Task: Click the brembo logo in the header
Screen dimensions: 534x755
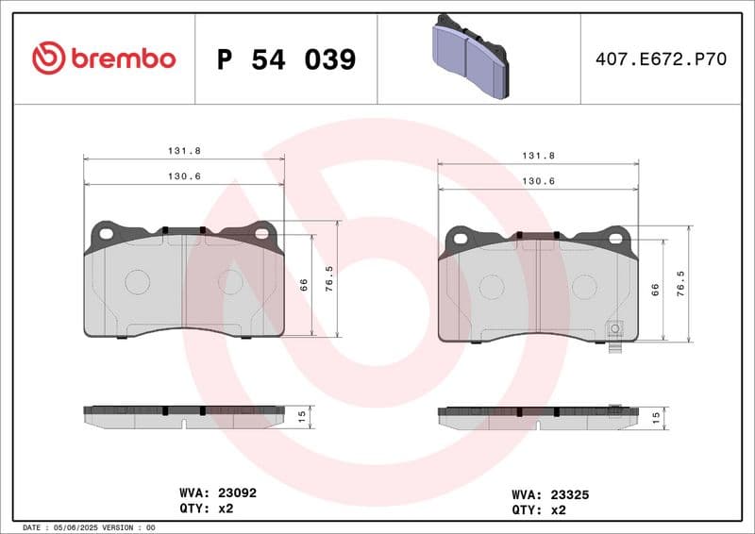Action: click(104, 58)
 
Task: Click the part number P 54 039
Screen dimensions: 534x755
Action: click(286, 59)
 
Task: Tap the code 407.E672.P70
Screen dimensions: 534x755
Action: click(661, 59)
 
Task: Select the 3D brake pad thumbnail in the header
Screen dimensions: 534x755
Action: click(469, 56)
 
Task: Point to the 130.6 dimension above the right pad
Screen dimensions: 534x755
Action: click(538, 181)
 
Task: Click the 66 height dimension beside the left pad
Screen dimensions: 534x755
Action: click(304, 284)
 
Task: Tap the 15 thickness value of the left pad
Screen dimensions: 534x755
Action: click(302, 415)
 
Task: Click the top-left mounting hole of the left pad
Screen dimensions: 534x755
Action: click(106, 233)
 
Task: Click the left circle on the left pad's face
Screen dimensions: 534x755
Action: click(138, 281)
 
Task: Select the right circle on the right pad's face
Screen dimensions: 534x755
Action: click(584, 287)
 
